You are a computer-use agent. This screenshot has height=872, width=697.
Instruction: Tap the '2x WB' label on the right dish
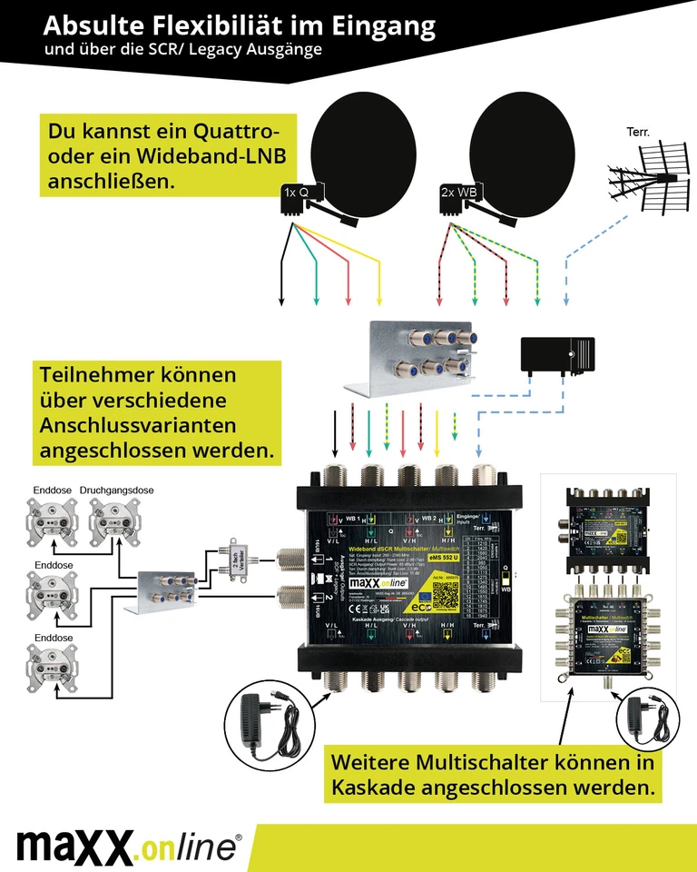point(457,193)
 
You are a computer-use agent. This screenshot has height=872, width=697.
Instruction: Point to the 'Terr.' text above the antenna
point(638,133)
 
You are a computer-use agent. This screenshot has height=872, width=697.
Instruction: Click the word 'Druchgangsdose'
point(116,490)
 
